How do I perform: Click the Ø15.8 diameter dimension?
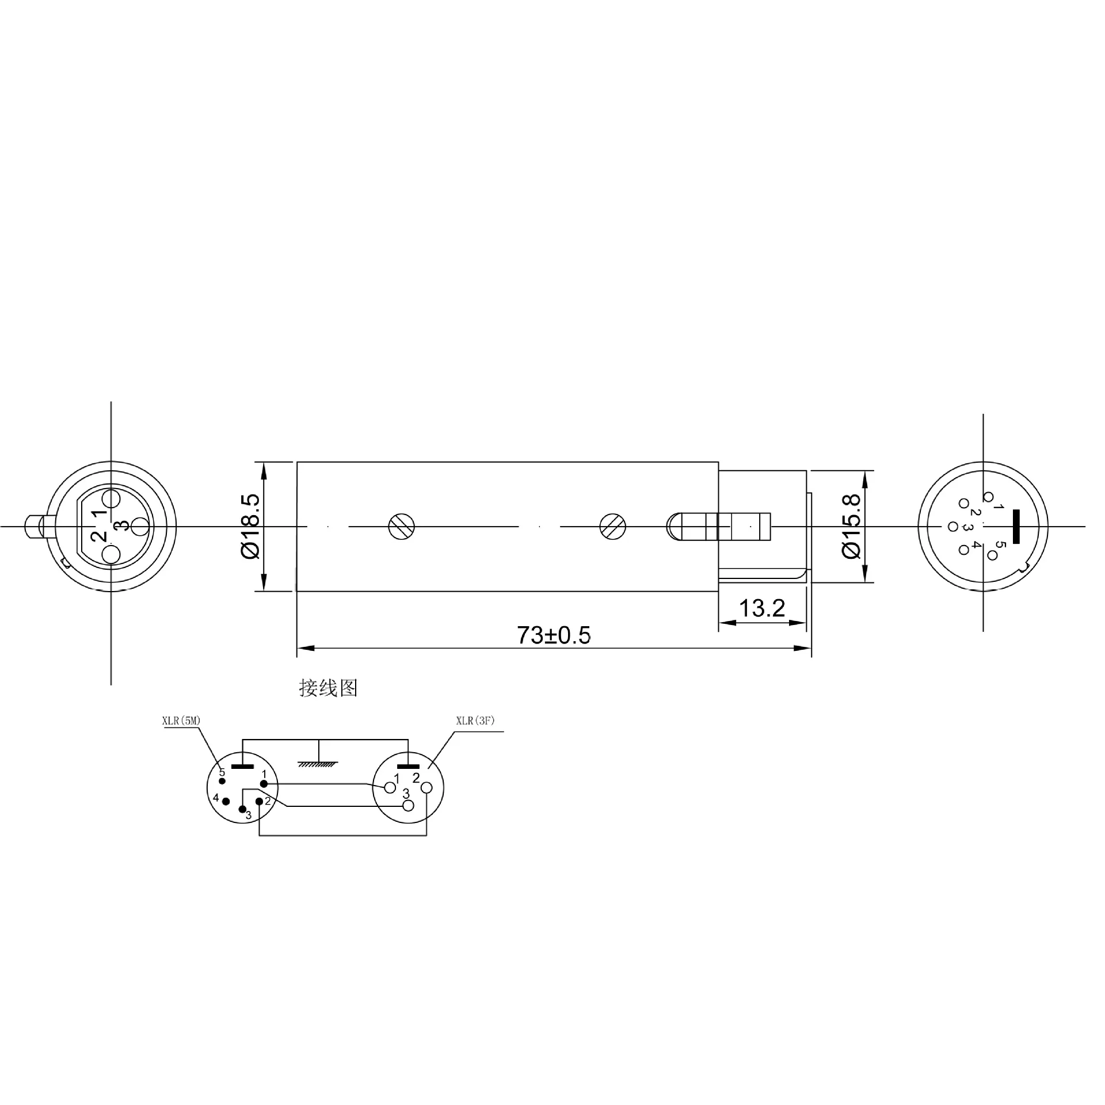coord(851,526)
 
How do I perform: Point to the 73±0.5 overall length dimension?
coord(554,635)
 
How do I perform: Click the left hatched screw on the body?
coord(401,526)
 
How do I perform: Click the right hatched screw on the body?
coord(612,526)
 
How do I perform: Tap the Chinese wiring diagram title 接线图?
coord(328,688)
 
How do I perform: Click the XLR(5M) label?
coord(181,721)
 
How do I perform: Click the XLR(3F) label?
coord(475,721)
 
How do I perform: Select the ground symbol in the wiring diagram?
coord(318,764)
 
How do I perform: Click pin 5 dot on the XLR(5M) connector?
coord(222,781)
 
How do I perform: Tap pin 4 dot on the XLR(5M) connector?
coord(226,802)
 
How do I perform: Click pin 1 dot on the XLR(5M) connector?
coord(264,784)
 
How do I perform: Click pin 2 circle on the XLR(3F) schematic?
coord(426,787)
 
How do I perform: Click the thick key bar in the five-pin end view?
coord(1016,526)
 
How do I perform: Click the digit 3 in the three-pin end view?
coord(121,525)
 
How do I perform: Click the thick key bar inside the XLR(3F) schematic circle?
coord(409,767)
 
